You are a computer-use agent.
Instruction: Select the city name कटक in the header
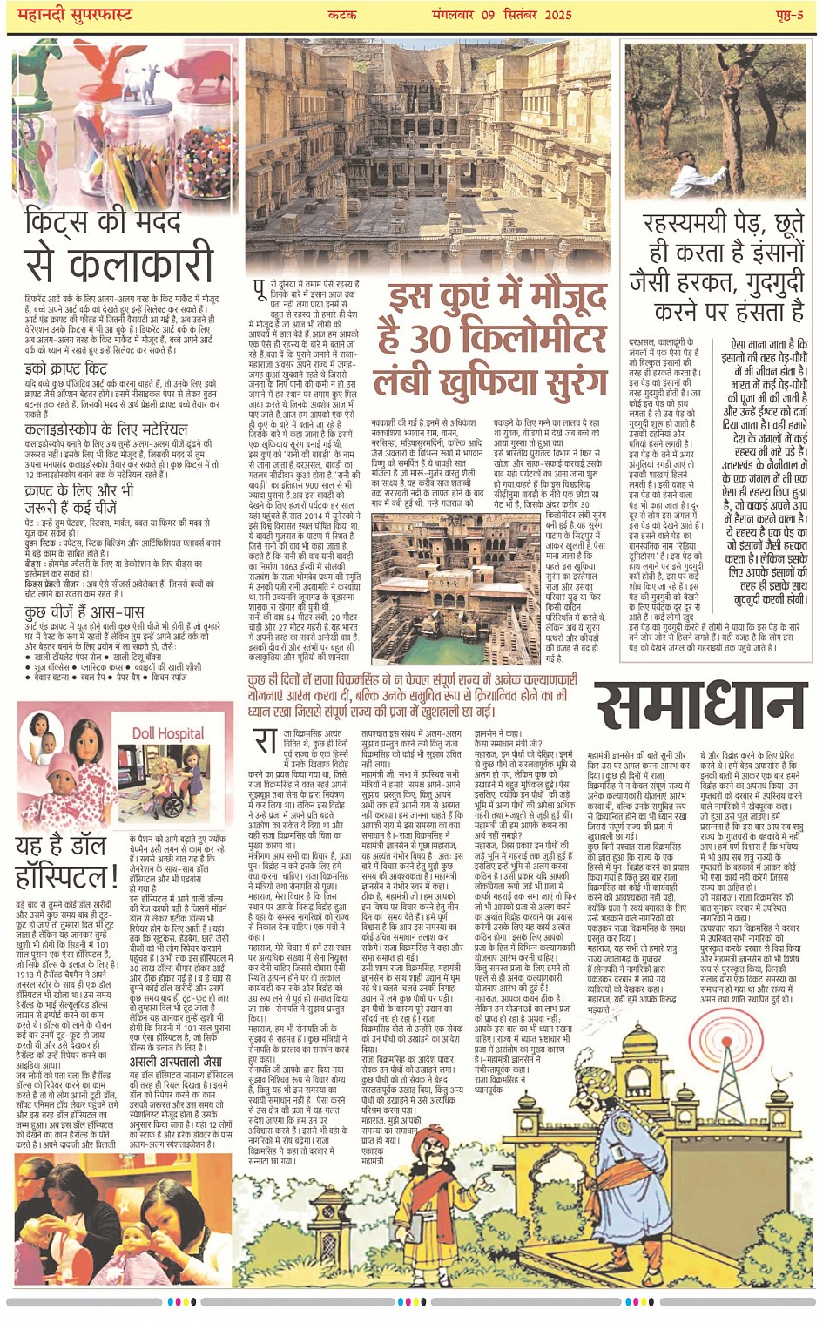343,14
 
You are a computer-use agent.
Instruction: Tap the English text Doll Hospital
167,733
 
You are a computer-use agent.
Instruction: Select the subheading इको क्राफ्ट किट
65,369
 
